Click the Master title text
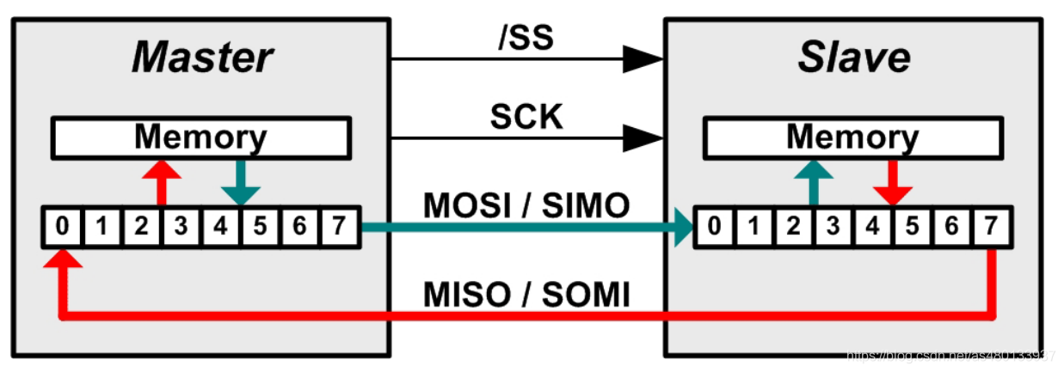tap(202, 58)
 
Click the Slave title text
tap(853, 58)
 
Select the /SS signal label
tap(526, 38)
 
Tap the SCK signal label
tap(526, 116)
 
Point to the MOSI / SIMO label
tap(526, 206)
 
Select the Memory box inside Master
tap(201, 137)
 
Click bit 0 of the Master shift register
tap(62, 228)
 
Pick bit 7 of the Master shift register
tap(339, 228)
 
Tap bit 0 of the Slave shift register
tap(714, 228)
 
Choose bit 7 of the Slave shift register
tap(992, 228)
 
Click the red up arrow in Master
tap(160, 180)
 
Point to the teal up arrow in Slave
tap(812, 180)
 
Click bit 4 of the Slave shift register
tap(873, 228)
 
